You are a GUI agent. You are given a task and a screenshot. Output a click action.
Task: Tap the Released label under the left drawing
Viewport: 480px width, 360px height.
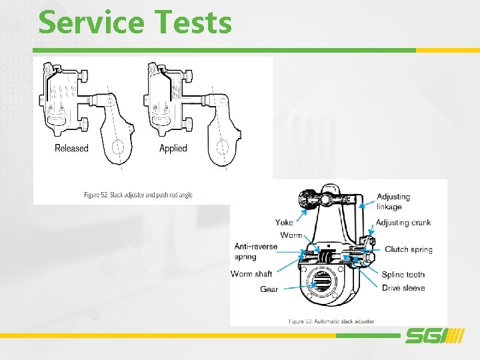click(71, 148)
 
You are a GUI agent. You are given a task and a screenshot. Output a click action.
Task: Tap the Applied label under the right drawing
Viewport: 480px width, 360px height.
click(173, 148)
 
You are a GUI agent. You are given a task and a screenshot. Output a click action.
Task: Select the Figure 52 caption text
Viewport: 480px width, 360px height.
click(138, 195)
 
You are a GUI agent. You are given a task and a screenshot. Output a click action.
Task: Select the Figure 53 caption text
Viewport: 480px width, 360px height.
click(331, 321)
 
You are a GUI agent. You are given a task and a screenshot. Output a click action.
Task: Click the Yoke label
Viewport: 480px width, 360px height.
click(284, 223)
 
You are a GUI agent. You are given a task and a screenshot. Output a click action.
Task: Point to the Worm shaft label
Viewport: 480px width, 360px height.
click(251, 274)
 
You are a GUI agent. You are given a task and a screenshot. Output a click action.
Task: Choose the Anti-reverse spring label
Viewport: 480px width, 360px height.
click(255, 251)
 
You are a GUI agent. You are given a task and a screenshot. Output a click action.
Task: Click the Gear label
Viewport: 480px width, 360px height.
click(269, 289)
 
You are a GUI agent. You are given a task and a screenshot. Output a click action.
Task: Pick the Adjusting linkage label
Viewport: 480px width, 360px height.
click(393, 201)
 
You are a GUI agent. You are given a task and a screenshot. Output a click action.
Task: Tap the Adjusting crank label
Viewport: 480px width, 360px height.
click(403, 223)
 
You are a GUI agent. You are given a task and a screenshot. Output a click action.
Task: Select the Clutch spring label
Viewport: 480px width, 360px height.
click(408, 249)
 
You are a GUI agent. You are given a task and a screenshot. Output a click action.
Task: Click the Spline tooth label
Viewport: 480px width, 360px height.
click(403, 274)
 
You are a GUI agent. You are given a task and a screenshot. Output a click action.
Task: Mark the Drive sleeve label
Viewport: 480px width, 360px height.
click(403, 288)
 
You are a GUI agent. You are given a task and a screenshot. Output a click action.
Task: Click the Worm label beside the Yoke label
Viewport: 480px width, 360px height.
click(291, 235)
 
